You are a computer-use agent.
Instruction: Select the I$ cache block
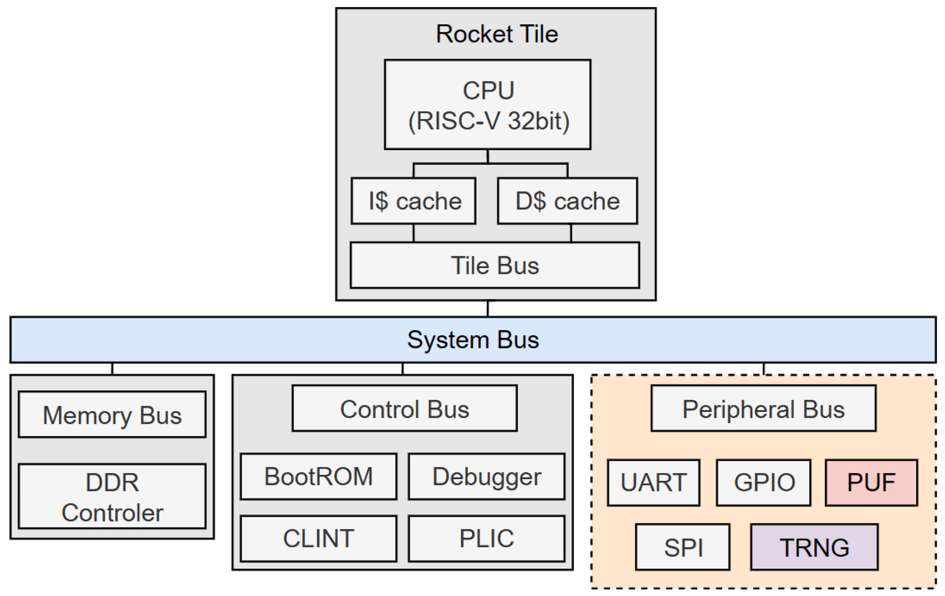point(413,201)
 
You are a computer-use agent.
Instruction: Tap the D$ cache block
point(567,201)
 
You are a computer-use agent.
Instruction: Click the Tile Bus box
point(494,265)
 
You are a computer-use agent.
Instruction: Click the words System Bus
point(473,340)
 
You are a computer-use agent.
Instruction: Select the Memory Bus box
point(112,414)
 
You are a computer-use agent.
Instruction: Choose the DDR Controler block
point(112,496)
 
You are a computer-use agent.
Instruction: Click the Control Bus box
point(404,408)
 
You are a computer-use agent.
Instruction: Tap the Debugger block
point(486,476)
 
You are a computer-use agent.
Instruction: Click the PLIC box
point(486,538)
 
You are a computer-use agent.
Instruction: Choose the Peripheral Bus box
point(763,408)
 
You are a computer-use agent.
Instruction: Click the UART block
point(654,482)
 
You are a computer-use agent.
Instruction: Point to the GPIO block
point(763,482)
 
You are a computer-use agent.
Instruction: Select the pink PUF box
point(871,482)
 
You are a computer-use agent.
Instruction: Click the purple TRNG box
point(814,547)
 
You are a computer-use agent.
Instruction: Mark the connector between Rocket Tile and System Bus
point(488,308)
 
